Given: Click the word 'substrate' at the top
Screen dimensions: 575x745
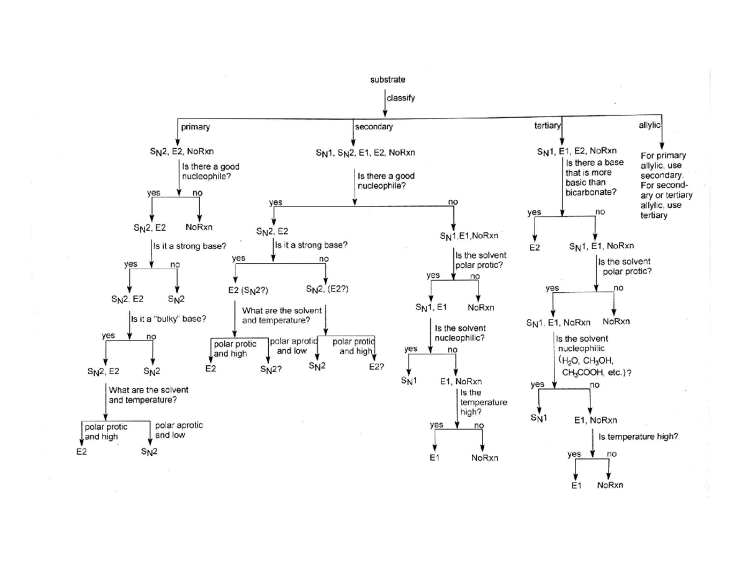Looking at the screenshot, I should click(387, 79).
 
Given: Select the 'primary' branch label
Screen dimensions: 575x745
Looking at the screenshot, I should click(196, 127).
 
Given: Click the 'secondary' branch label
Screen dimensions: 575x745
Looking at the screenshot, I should click(374, 127).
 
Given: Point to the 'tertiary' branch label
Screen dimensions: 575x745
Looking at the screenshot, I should click(547, 126).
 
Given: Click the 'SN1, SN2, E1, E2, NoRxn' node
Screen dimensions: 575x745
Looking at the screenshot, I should click(365, 151).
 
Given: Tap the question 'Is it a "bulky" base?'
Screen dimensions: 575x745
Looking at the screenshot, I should click(169, 319).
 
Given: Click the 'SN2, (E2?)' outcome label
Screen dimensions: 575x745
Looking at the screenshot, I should click(327, 289).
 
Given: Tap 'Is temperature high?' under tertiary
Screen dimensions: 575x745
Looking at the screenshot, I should click(638, 436).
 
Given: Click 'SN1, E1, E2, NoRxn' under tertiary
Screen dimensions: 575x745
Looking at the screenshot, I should click(577, 151).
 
